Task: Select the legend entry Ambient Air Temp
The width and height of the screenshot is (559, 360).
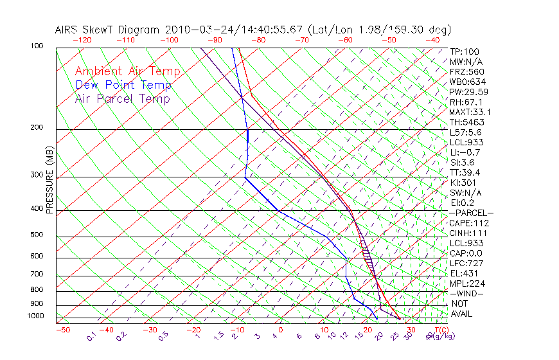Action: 127,71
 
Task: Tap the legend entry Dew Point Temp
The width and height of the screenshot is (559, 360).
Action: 123,85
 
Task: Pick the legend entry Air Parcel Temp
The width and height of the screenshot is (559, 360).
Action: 123,98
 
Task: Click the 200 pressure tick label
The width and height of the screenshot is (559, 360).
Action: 37,127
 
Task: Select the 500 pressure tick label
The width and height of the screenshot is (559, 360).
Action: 37,235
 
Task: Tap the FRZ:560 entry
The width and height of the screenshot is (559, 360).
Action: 466,71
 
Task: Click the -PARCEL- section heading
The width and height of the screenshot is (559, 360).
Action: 471,213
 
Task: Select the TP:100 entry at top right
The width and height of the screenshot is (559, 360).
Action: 465,51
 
